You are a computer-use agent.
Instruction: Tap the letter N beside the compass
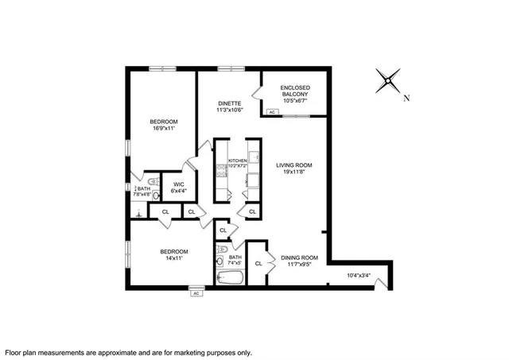tap(406, 99)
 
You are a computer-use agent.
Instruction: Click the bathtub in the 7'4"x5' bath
tap(230, 279)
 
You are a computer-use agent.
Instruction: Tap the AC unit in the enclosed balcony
tap(272, 112)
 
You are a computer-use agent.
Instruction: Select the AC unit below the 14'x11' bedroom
tap(196, 293)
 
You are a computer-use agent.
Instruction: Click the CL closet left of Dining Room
tap(259, 263)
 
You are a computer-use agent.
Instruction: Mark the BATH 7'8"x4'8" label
tap(143, 192)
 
